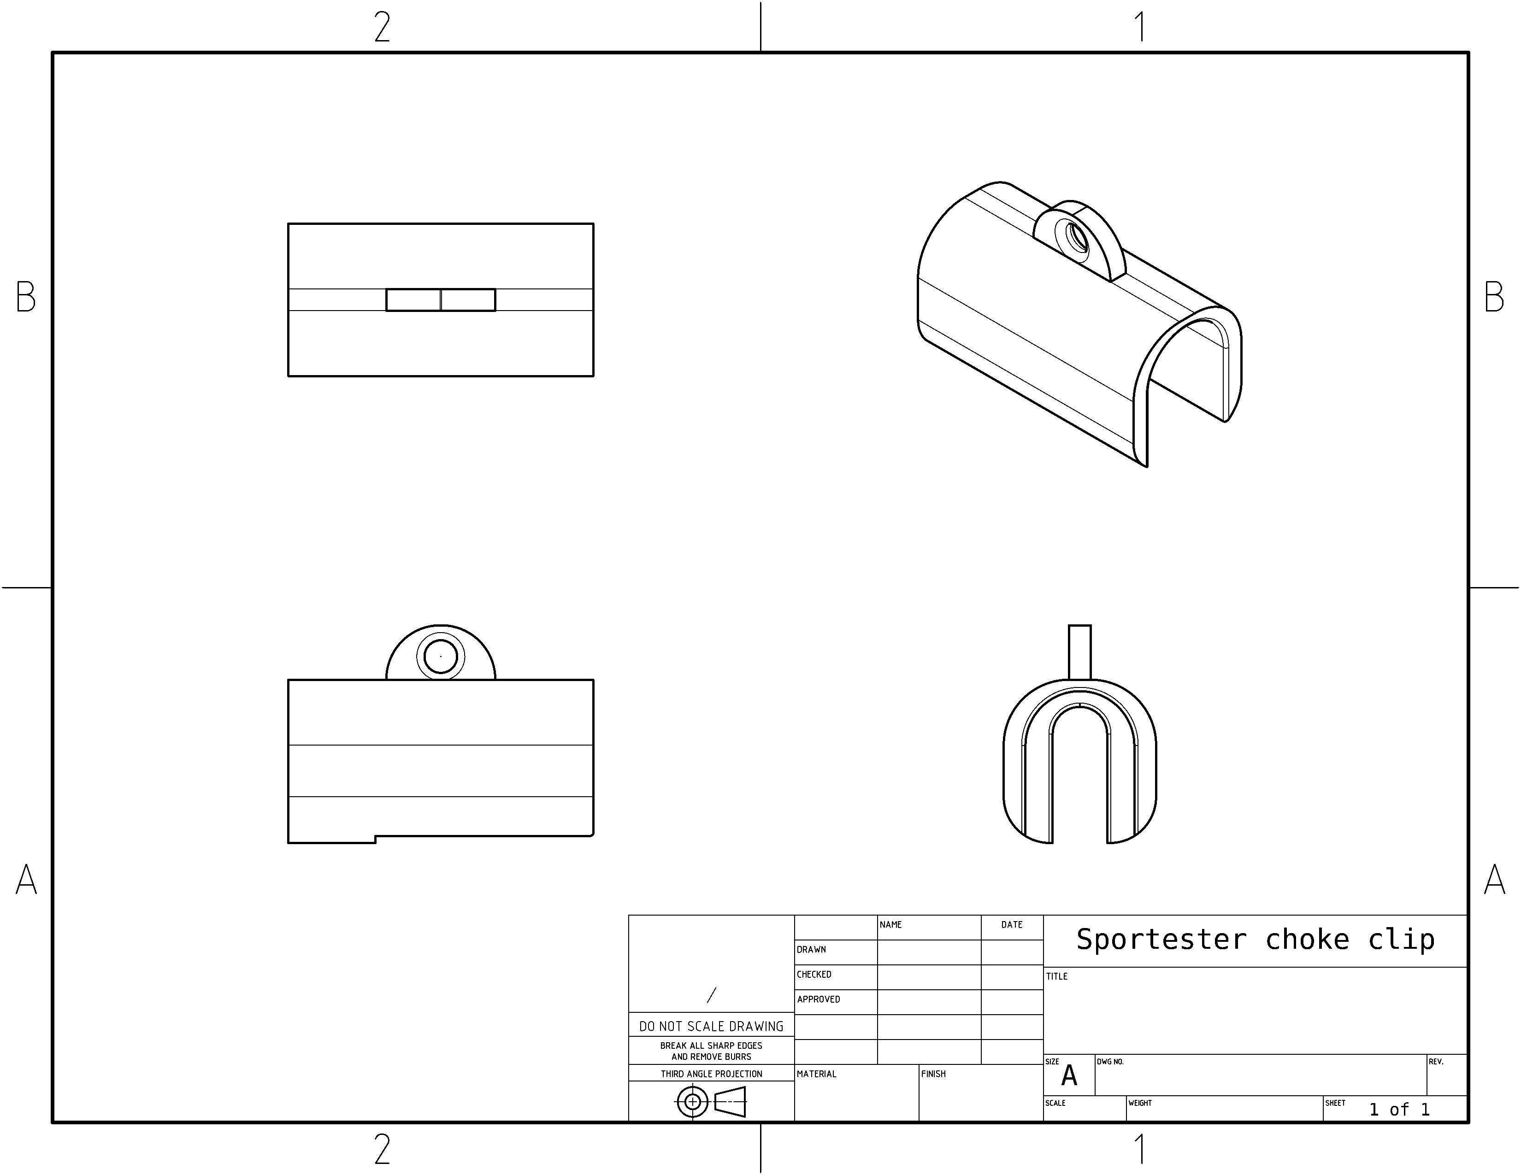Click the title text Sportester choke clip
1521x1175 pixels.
click(x=1255, y=940)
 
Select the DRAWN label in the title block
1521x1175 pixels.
click(x=811, y=950)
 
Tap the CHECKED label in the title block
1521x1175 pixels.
click(x=814, y=975)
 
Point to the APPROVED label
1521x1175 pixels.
click(x=818, y=999)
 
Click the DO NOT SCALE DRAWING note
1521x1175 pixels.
click(x=711, y=1027)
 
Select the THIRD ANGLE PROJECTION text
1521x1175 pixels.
click(x=712, y=1074)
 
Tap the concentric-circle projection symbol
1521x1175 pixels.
click(x=692, y=1102)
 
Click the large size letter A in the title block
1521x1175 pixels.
click(x=1069, y=1076)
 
